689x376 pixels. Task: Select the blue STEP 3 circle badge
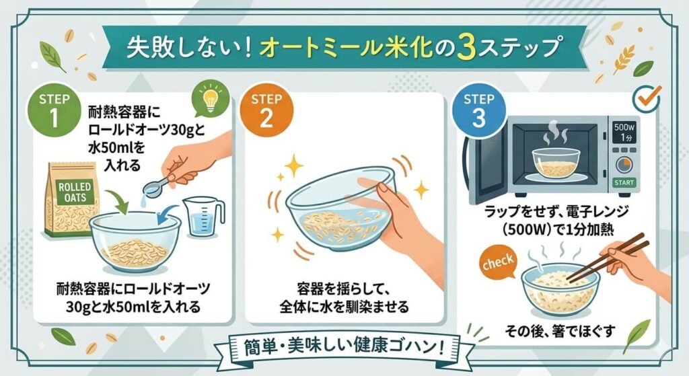pos(478,110)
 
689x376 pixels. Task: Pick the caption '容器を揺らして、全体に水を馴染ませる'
pos(343,299)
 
